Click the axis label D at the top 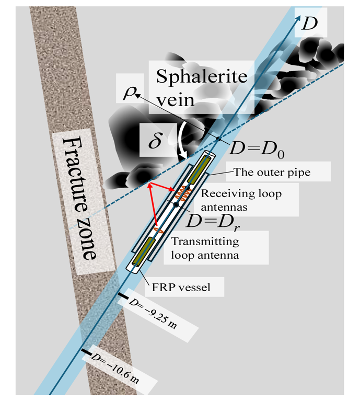320,22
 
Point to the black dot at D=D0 218,138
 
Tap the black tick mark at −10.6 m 86,351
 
